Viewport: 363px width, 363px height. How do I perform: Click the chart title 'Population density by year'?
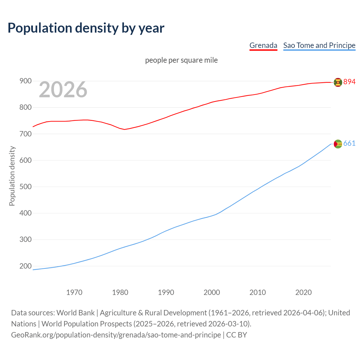tap(86, 28)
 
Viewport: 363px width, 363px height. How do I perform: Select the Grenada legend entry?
tap(263, 45)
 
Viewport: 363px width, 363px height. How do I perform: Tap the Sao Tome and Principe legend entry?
tap(319, 45)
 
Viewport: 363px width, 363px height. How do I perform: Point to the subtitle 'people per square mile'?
tap(181, 60)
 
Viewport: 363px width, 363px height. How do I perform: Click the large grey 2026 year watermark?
tap(63, 90)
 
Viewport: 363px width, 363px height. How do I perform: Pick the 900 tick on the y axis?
tap(25, 81)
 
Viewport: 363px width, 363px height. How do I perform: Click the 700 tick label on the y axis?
tap(25, 134)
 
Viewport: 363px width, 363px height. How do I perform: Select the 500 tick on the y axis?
tap(25, 187)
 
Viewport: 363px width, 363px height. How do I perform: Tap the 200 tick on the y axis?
tap(25, 266)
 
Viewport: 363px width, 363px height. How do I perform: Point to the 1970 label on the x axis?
tap(74, 292)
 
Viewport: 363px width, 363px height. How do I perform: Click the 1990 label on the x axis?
tap(166, 292)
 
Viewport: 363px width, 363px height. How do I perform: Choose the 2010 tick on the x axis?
tap(258, 292)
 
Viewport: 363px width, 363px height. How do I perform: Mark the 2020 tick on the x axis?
tap(303, 292)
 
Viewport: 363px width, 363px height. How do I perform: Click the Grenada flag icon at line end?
tap(338, 82)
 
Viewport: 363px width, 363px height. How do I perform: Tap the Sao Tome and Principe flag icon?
tap(338, 144)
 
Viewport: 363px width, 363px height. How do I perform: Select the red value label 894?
tap(349, 82)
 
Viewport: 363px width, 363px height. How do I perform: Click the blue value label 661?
tap(349, 143)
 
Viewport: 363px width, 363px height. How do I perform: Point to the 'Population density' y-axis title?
tap(12, 176)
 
